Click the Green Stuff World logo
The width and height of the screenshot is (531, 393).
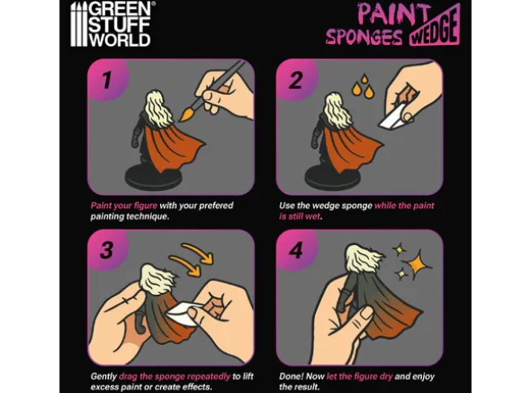pos(111,23)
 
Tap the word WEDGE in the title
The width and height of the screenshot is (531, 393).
pos(435,28)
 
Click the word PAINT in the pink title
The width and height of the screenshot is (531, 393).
pos(392,14)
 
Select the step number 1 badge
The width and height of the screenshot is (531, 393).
pos(107,81)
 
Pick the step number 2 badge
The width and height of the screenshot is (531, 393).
pos(295,81)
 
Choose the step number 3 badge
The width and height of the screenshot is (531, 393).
pos(107,251)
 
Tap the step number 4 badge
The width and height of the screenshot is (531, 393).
pos(295,251)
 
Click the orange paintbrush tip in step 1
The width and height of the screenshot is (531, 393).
pos(185,114)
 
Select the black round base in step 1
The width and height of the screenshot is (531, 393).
pos(153,176)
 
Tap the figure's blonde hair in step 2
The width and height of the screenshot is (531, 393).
pos(335,109)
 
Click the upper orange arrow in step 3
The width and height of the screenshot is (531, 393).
pos(198,252)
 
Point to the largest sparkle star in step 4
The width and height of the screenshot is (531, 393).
pos(417,263)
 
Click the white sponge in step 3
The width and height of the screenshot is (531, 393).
pos(183,314)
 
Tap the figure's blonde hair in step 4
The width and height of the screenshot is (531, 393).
pos(363,258)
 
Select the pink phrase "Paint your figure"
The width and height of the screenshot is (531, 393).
pos(124,206)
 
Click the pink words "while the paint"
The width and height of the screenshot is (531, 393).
pos(404,206)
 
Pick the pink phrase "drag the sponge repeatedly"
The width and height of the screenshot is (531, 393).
pos(175,377)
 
